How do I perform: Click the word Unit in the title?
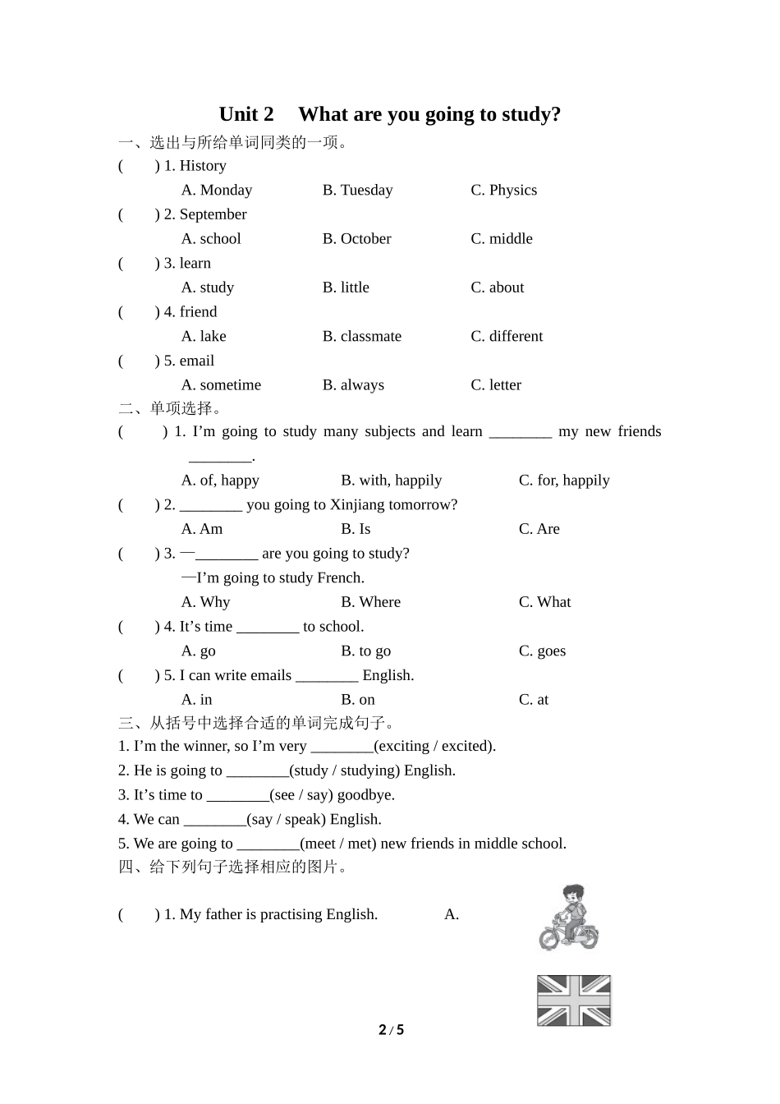(238, 114)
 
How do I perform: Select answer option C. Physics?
(503, 190)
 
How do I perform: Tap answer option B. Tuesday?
(357, 190)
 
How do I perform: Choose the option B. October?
(356, 239)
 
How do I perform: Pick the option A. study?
(208, 287)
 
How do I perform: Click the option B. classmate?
(362, 336)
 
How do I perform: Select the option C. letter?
(496, 385)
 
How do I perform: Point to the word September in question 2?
(213, 214)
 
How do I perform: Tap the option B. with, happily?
(391, 481)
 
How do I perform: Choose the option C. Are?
(539, 529)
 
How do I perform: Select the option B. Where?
(370, 602)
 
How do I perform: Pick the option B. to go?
(365, 651)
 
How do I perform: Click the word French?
(340, 577)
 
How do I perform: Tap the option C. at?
(534, 700)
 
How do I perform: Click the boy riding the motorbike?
(569, 918)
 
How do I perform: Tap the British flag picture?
(574, 1000)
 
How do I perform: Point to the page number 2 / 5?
(392, 1030)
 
